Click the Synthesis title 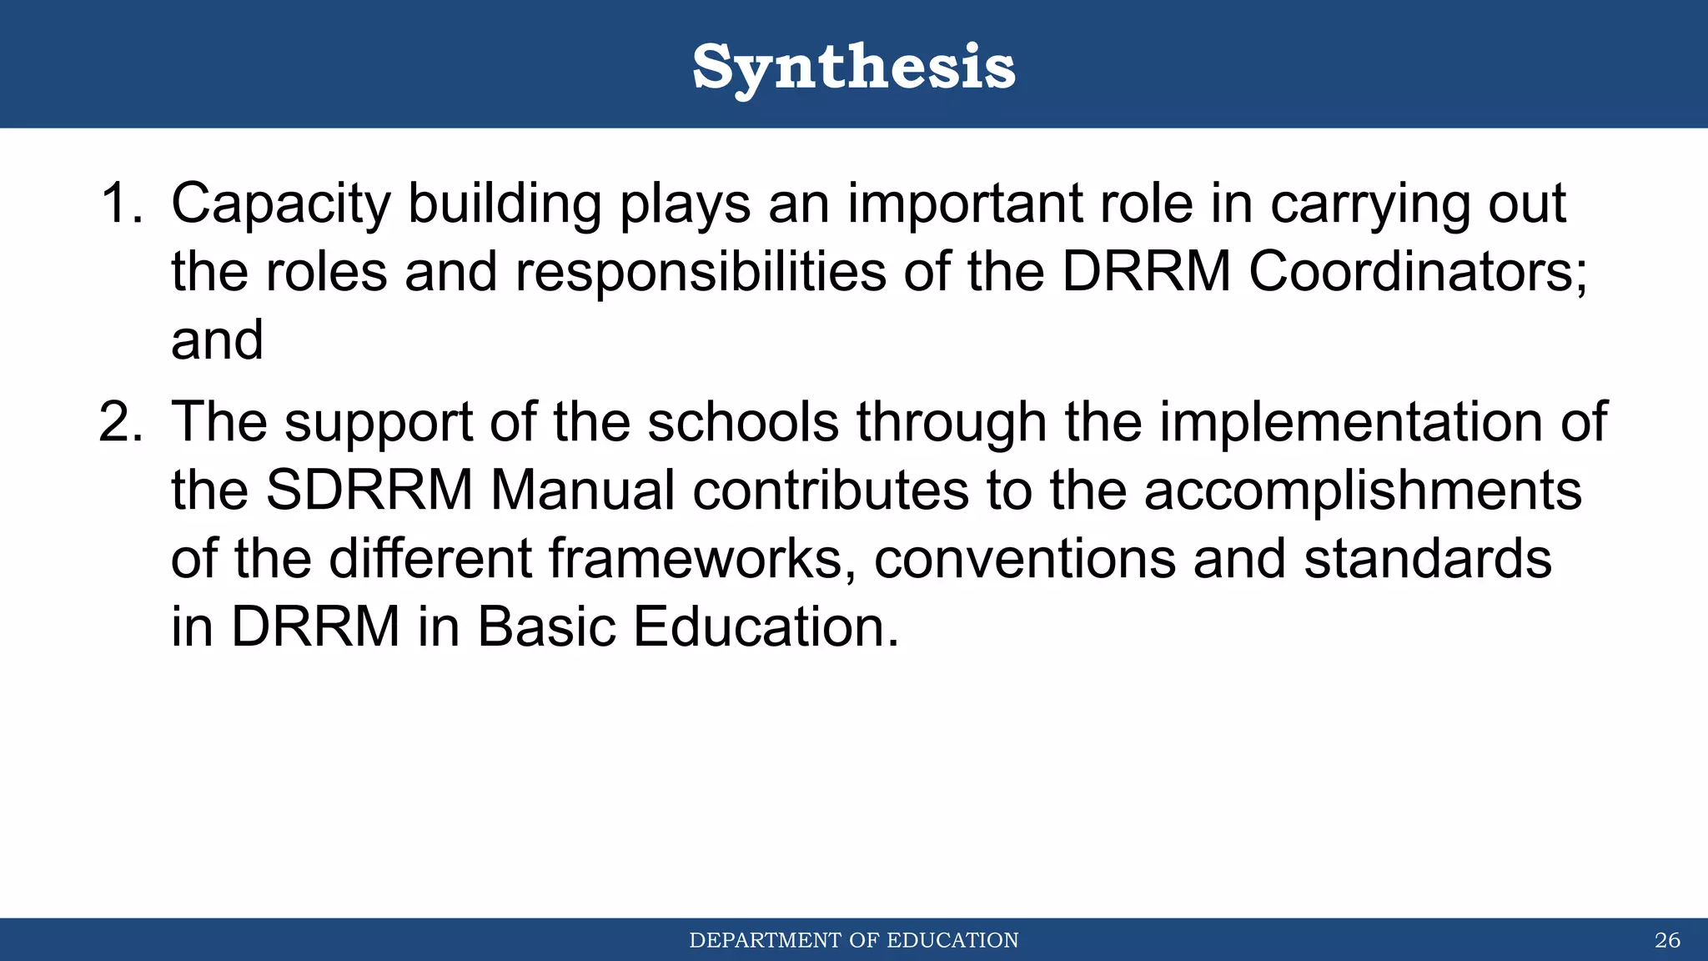tap(854, 67)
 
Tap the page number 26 tap(1667, 940)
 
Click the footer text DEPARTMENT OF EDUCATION tap(854, 940)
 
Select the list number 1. tap(121, 203)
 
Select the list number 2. tap(121, 421)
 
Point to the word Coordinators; tap(1418, 271)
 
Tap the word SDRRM tap(369, 490)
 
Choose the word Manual tap(582, 490)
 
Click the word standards tap(1428, 558)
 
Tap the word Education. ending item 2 tap(766, 626)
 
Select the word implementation tap(1351, 423)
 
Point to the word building tap(505, 204)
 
